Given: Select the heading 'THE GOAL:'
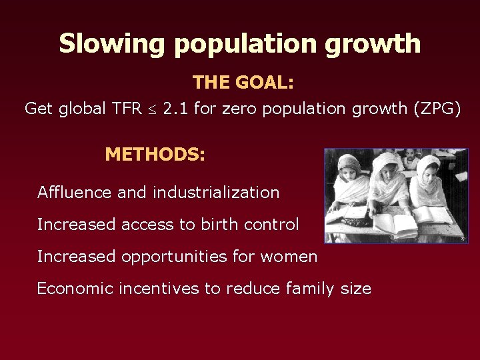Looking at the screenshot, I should point(243,83).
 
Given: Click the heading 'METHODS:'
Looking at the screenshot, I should point(155,155).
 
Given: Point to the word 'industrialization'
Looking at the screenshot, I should point(216,193).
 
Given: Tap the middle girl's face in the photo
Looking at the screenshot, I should point(389,171).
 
